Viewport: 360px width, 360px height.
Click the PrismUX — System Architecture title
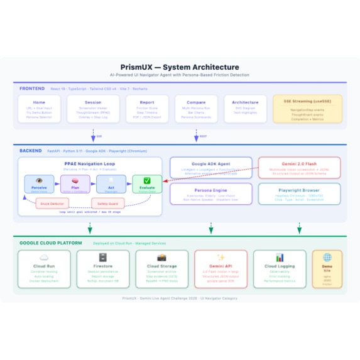click(x=180, y=67)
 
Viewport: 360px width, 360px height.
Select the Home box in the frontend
click(x=39, y=109)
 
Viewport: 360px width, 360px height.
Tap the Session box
click(x=93, y=109)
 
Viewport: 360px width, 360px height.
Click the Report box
click(x=147, y=109)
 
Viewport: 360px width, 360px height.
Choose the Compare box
click(x=196, y=109)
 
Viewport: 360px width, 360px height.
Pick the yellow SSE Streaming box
click(x=307, y=109)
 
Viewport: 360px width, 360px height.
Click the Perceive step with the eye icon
click(x=39, y=184)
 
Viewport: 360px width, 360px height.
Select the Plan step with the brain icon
click(x=75, y=184)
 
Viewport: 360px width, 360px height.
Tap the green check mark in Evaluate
click(x=147, y=181)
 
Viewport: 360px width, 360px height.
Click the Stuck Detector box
click(x=52, y=204)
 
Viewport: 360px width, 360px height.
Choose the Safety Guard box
click(x=107, y=204)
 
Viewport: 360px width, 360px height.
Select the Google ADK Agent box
click(x=211, y=167)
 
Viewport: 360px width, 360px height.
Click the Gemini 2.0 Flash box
click(x=299, y=167)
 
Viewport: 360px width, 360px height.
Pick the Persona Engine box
click(x=211, y=194)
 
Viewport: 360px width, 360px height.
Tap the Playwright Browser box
click(x=299, y=194)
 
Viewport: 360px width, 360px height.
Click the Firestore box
click(x=103, y=269)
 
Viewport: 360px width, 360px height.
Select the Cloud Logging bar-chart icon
click(x=280, y=258)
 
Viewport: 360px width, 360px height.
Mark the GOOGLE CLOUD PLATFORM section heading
click(x=51, y=243)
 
